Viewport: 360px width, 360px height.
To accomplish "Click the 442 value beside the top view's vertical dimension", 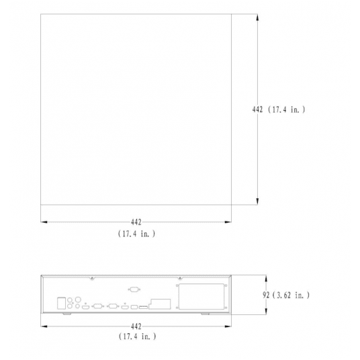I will coord(257,109).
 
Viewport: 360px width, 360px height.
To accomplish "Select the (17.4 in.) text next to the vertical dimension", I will coord(287,109).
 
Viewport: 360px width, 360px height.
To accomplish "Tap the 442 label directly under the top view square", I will coord(136,222).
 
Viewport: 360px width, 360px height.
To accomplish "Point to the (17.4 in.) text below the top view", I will coord(136,233).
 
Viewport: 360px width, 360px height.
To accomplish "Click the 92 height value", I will coord(267,294).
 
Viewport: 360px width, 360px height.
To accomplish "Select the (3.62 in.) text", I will coord(292,294).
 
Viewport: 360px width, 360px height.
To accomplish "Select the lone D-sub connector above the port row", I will coord(133,290).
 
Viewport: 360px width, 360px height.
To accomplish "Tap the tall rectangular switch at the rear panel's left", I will coord(62,302).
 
